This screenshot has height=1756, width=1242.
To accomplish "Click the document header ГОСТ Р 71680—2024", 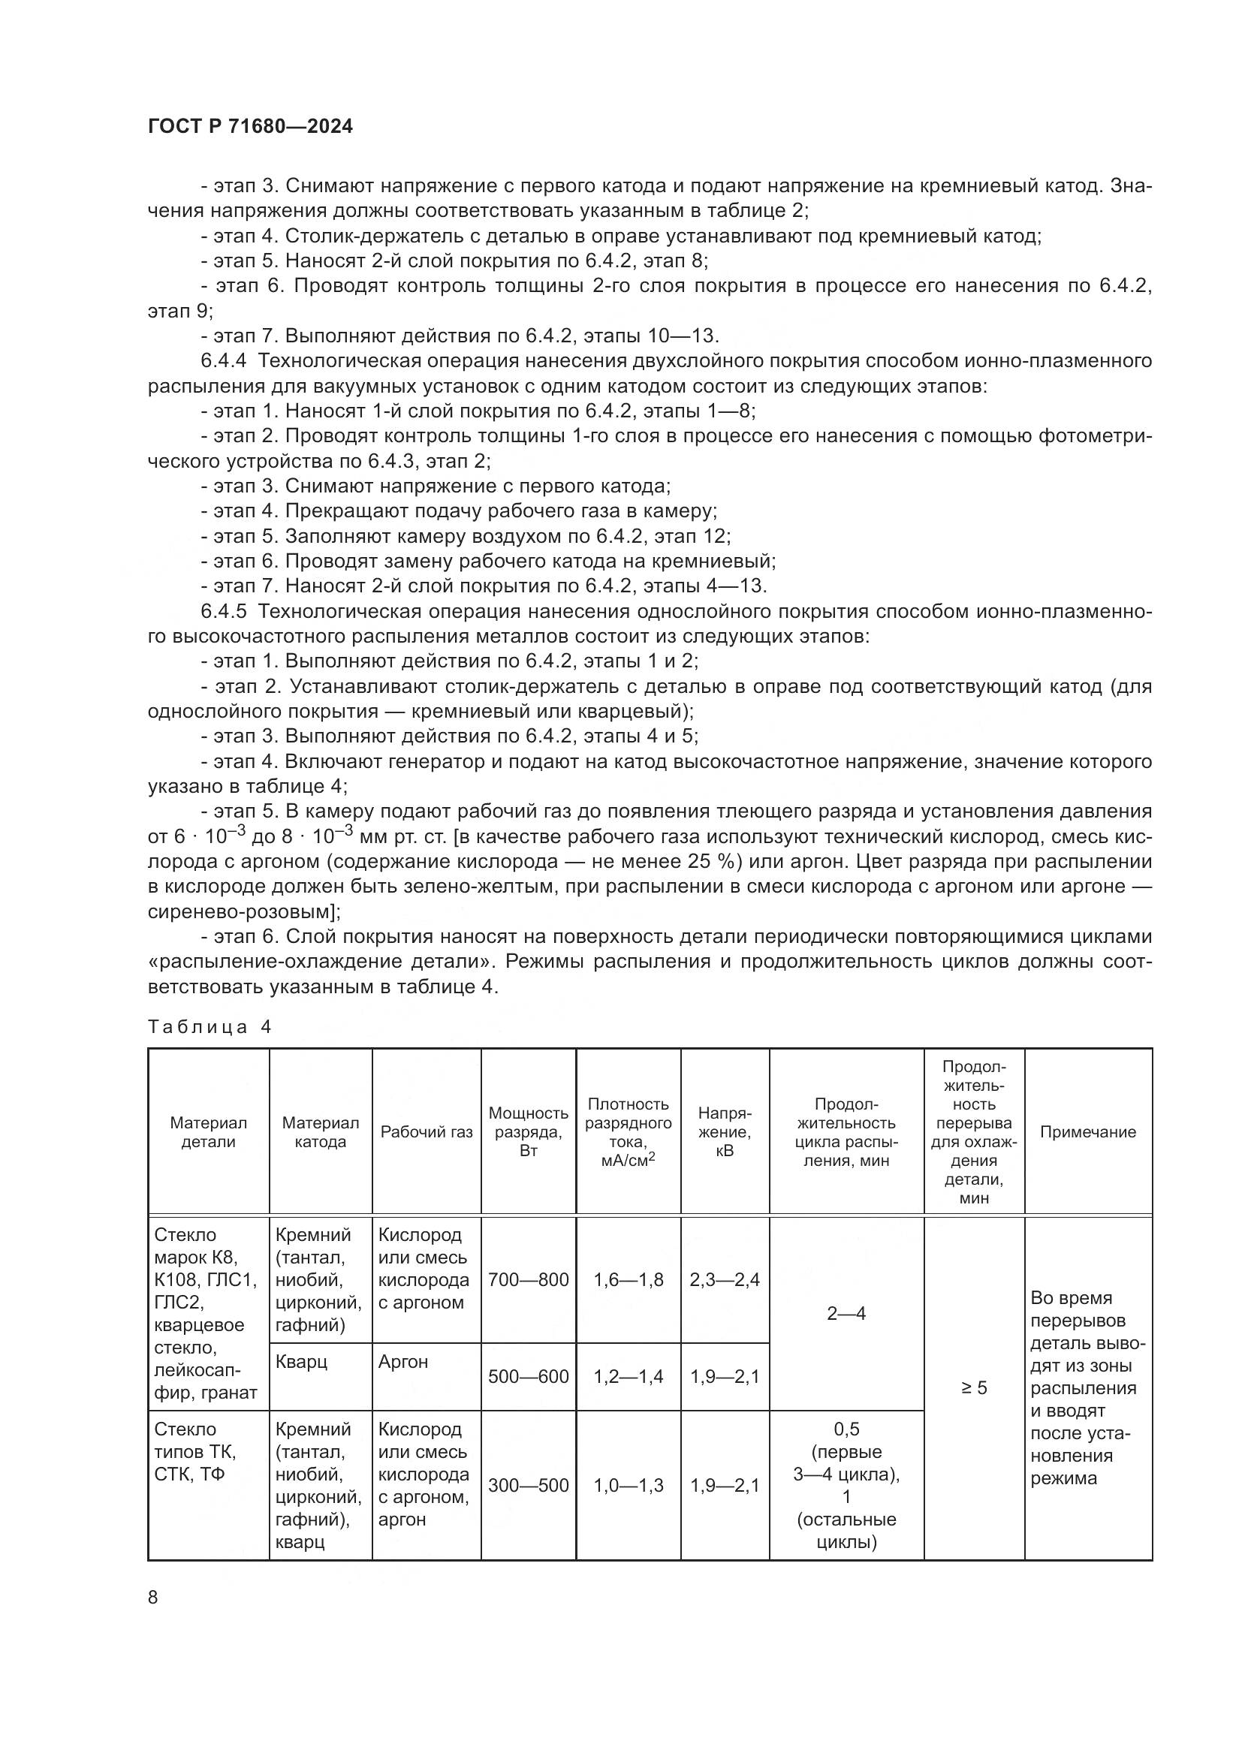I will (250, 127).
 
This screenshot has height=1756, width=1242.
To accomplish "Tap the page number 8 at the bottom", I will (153, 1597).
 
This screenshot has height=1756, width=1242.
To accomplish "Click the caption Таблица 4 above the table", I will (210, 1027).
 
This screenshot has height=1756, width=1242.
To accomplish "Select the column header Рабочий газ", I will (426, 1132).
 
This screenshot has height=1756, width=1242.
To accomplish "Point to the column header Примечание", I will (1087, 1132).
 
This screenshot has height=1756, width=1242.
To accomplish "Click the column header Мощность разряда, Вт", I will (528, 1132).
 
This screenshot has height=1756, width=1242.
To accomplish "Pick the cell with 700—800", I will (528, 1279).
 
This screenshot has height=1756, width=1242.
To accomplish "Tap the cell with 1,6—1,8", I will (628, 1279).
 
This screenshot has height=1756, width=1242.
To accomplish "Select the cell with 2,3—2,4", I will (723, 1279).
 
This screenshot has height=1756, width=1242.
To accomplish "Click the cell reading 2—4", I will (846, 1313).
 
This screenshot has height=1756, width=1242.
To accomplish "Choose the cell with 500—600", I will (528, 1377).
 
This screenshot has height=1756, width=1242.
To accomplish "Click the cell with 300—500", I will (528, 1485).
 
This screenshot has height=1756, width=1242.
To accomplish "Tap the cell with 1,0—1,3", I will (628, 1485).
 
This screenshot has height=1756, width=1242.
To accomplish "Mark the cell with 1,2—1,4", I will (628, 1377).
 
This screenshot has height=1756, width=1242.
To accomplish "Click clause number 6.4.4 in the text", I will (223, 361).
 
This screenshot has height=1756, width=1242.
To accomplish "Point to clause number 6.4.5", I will (223, 611).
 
